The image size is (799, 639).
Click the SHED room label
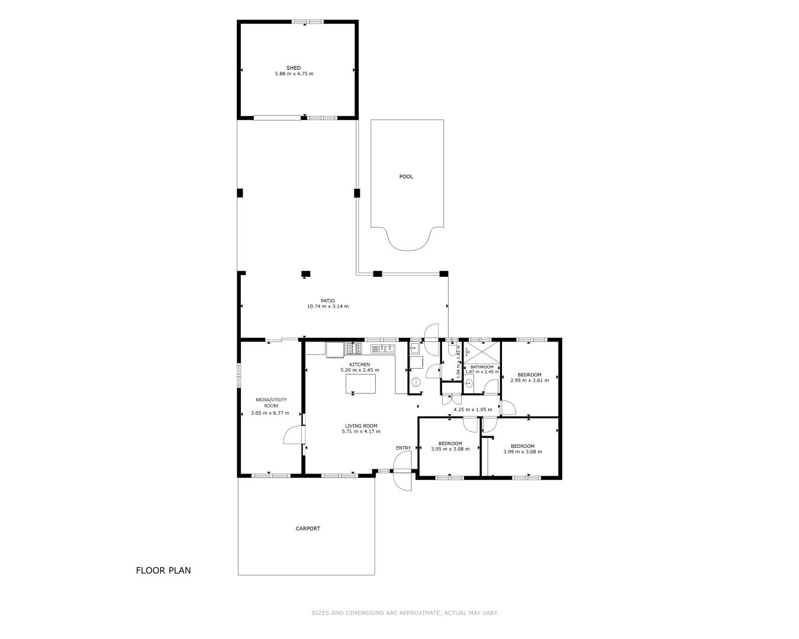(x=294, y=68)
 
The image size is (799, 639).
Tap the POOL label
(x=406, y=176)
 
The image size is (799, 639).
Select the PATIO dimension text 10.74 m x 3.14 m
(x=327, y=306)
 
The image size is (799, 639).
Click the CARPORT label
(x=308, y=528)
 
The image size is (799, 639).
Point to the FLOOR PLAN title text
(x=163, y=570)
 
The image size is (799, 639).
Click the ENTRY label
(x=403, y=448)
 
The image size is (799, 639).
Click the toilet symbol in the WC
(x=452, y=350)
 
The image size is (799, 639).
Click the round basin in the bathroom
(x=468, y=382)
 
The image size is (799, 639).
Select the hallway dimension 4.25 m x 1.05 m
(x=472, y=409)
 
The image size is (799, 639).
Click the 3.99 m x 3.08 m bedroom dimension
(x=522, y=452)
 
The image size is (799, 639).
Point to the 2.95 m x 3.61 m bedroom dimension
(x=529, y=380)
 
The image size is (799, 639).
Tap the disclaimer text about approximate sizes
(x=405, y=613)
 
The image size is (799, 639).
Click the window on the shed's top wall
(x=307, y=22)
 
